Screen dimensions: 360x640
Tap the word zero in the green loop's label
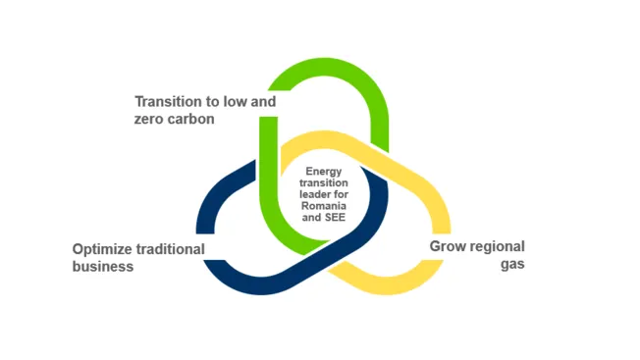point(150,119)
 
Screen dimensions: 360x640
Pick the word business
point(103,266)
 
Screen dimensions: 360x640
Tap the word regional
point(497,246)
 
